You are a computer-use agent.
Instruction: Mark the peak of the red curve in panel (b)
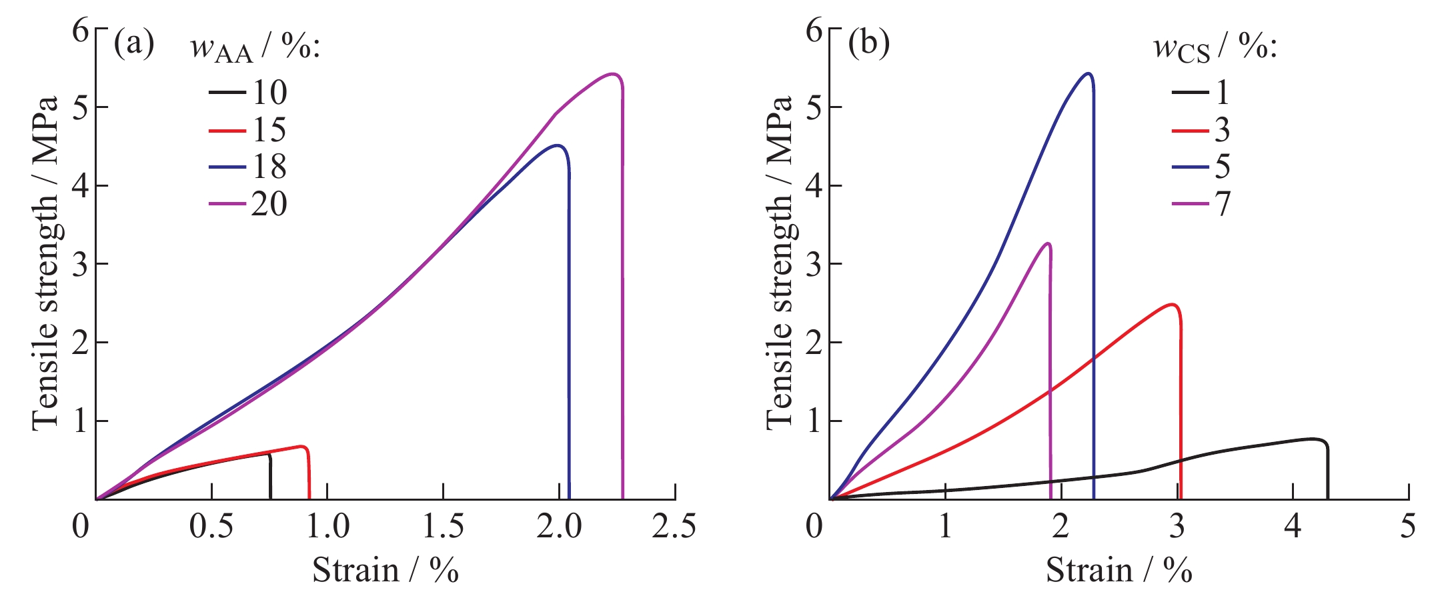point(1172,305)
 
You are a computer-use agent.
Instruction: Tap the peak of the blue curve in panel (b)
point(1089,73)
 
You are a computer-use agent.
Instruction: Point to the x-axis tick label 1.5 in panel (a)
point(444,527)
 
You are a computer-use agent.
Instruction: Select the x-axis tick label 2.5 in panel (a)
point(674,527)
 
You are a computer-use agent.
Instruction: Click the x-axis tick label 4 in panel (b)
point(1293,527)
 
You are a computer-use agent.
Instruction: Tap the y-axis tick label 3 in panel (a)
point(80,265)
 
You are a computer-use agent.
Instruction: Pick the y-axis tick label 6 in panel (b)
point(814,31)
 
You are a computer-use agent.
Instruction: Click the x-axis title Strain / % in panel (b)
point(1119,571)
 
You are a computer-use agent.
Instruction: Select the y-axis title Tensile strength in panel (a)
point(46,263)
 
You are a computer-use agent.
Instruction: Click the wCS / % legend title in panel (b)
point(1215,48)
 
